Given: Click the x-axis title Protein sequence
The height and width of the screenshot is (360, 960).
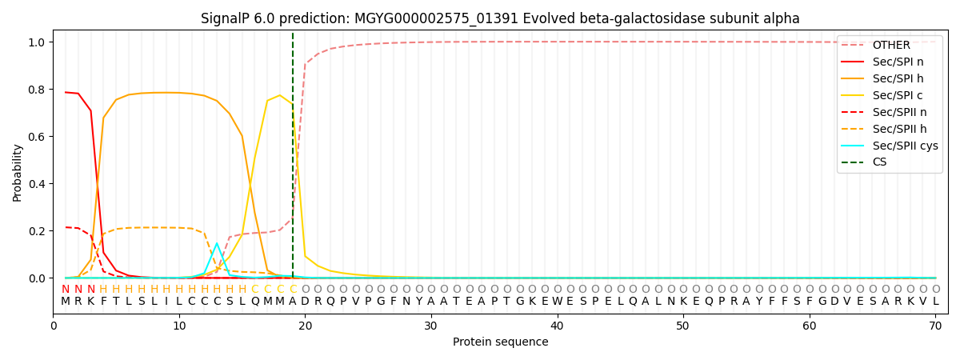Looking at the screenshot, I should pyautogui.click(x=500, y=342).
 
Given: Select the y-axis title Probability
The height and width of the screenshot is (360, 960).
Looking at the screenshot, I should pyautogui.click(x=18, y=172).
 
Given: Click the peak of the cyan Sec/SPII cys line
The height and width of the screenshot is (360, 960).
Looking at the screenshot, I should pyautogui.click(x=217, y=243).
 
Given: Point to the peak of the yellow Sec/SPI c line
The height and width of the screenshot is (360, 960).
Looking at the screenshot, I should pyautogui.click(x=279, y=95).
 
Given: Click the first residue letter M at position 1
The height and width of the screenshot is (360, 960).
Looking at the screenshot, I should pyautogui.click(x=66, y=302).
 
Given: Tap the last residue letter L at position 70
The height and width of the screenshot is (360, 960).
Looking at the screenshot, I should pyautogui.click(x=935, y=302).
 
